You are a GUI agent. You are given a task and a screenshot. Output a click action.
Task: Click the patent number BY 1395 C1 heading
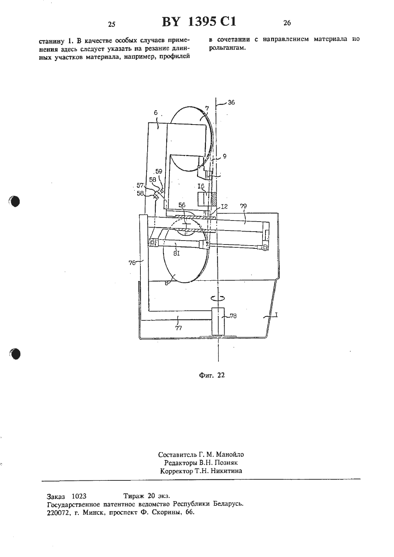tap(199, 22)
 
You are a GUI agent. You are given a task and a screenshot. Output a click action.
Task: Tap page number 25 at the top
tap(112, 24)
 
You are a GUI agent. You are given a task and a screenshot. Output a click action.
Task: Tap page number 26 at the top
tap(287, 23)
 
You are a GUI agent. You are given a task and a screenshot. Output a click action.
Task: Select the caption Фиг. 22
tap(212, 375)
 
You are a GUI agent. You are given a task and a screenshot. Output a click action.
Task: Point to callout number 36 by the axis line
tap(231, 102)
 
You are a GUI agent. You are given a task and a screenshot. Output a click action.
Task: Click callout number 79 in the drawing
tap(244, 206)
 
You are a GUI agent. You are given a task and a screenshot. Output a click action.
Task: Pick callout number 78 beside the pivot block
tap(233, 316)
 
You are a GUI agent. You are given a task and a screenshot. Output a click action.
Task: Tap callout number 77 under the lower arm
tap(179, 328)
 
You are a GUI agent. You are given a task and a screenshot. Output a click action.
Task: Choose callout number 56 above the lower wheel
tap(182, 205)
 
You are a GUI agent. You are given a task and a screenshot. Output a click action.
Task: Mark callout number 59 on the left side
tap(159, 171)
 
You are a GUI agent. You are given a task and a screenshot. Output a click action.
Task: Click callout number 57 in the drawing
tap(140, 185)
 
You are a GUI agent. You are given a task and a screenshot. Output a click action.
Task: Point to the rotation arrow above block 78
tap(218, 297)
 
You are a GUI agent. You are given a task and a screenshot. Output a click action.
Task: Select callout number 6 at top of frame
tap(156, 113)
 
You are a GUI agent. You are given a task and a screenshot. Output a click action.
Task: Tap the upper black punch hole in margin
tap(14, 201)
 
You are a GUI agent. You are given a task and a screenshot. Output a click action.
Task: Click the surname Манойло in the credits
tap(230, 455)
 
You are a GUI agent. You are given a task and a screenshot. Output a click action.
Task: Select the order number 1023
tap(79, 497)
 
